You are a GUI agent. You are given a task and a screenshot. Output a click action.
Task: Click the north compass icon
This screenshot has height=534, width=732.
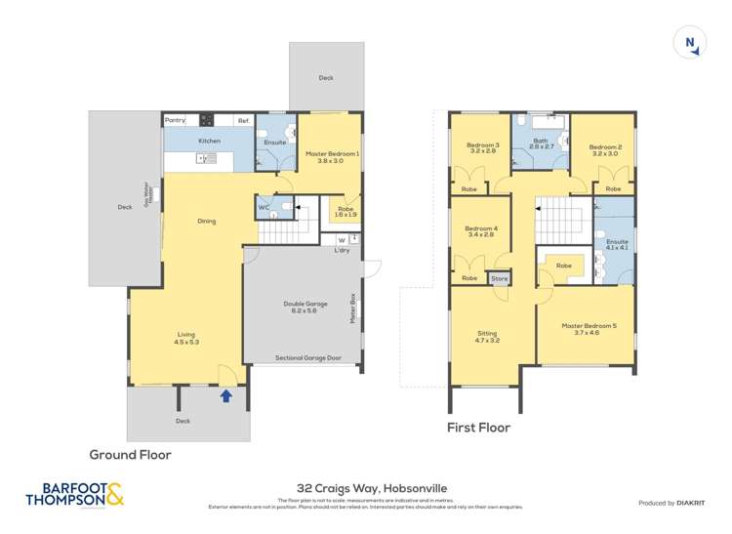pos(690,42)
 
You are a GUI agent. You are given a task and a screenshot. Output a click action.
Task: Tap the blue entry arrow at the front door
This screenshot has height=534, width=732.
pos(226,395)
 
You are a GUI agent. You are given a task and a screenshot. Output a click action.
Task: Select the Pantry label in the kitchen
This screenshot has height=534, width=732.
pos(175,120)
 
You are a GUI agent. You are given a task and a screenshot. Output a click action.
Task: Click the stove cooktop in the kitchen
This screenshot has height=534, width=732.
pos(207,120)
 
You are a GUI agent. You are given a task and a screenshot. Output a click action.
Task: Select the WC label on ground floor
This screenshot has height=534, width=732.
pos(264,207)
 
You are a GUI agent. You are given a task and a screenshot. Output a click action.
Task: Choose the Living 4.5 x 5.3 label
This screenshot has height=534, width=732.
pos(185,338)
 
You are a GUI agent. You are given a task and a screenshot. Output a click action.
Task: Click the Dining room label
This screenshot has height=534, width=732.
pos(206,221)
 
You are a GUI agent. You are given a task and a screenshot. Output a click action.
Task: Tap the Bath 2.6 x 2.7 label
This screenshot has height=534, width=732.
pos(541,144)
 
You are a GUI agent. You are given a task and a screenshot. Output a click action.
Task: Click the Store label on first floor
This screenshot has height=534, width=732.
pos(500,279)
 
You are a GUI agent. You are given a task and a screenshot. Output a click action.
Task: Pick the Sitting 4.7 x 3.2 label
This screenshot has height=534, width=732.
pos(487,337)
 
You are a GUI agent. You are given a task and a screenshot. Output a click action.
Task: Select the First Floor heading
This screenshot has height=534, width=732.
pos(478,427)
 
